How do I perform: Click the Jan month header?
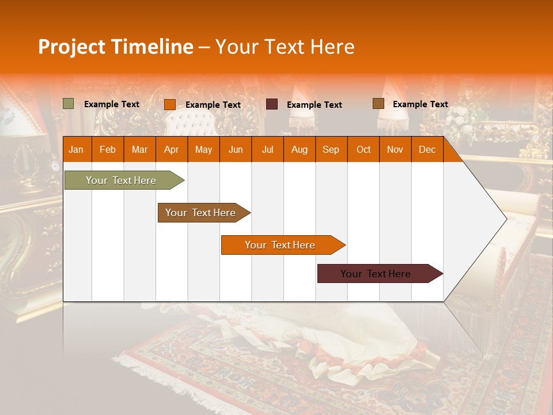[76, 150]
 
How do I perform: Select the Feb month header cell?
[108, 150]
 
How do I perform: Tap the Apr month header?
[171, 150]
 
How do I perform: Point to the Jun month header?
[236, 150]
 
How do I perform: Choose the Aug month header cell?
[300, 150]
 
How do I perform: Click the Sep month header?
[331, 150]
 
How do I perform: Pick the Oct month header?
[363, 150]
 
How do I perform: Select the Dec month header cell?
[427, 150]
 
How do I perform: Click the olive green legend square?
[69, 104]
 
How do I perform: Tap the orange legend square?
[170, 104]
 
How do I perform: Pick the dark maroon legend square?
[272, 104]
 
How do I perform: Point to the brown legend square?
[378, 104]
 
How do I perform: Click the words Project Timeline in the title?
[116, 47]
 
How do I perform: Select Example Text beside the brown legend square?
[420, 104]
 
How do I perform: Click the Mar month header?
[139, 150]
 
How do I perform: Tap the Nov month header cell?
[395, 150]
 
